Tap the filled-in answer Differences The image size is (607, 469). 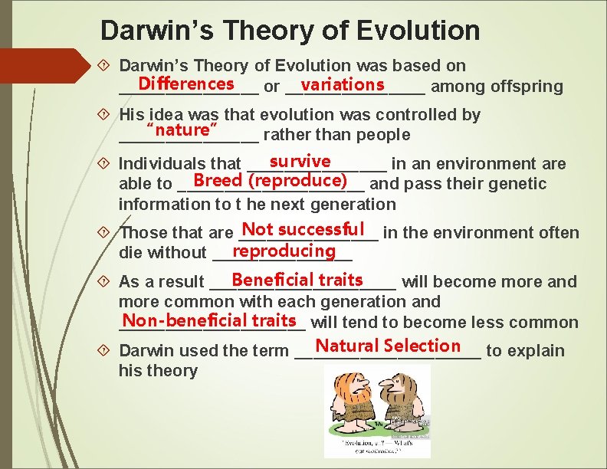(187, 83)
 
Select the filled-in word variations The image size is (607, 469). (343, 84)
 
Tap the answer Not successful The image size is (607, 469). (302, 229)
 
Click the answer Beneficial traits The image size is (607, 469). (297, 280)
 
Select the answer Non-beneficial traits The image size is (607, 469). (209, 320)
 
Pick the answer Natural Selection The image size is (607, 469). (388, 346)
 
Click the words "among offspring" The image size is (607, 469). (497, 87)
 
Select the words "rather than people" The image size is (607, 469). (336, 135)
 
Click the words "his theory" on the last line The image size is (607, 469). (158, 371)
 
